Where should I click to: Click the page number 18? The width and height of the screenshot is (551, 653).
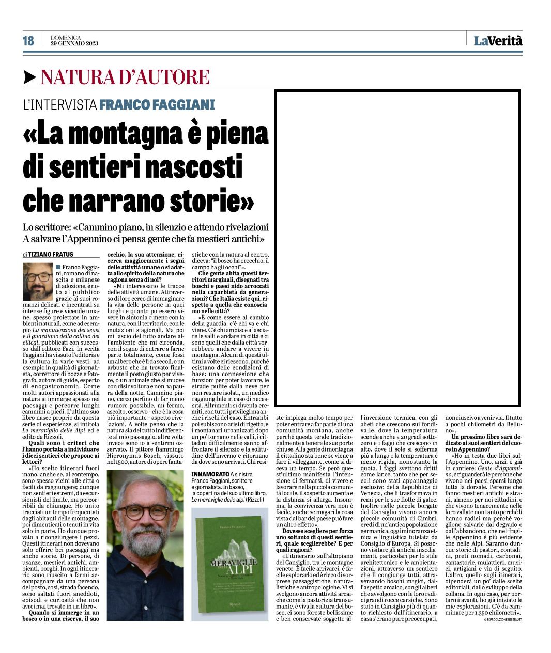click(x=28, y=41)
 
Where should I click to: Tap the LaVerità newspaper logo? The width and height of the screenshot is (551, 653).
click(x=498, y=41)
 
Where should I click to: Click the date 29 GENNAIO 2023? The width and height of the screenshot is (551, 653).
click(x=74, y=43)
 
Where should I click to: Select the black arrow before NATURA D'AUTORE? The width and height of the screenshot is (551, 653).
click(x=30, y=77)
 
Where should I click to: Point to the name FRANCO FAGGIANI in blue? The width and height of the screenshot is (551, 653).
click(x=157, y=105)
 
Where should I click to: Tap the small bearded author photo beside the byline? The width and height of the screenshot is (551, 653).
click(x=37, y=282)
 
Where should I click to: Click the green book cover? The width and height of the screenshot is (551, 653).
click(x=230, y=557)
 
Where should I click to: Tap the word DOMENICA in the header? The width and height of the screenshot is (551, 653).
click(x=66, y=37)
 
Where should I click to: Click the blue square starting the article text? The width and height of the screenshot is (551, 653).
click(x=58, y=267)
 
